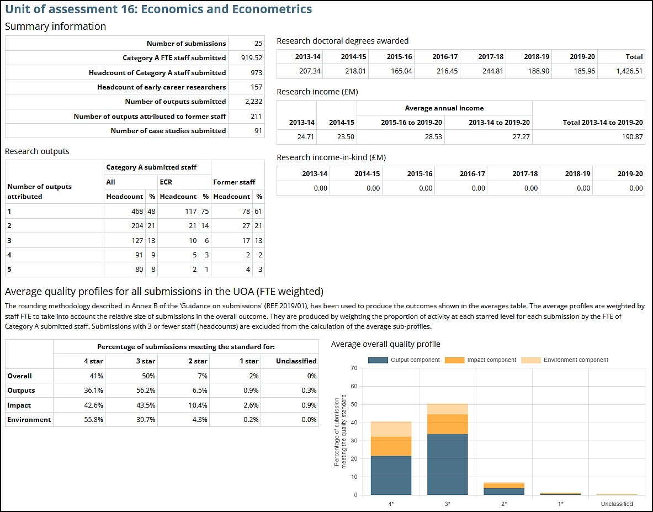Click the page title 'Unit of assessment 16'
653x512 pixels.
[x=158, y=9]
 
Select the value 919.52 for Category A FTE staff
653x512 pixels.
[x=251, y=58]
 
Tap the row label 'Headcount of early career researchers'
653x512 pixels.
[x=161, y=87]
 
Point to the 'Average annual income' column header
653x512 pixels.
[x=444, y=108]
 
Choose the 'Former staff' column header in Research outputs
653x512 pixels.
[x=233, y=182]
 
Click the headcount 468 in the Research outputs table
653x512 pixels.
[x=137, y=211]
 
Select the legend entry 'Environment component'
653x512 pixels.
[x=576, y=360]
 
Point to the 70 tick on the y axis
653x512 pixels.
[x=354, y=368]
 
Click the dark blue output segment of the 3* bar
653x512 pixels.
[x=447, y=464]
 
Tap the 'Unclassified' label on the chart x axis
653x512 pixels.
[x=617, y=504]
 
